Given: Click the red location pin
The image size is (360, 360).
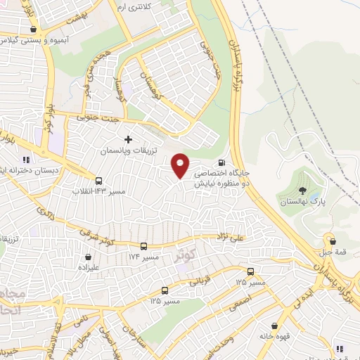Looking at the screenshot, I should click(181, 165).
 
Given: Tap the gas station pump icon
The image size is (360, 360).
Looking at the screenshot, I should click(233, 161).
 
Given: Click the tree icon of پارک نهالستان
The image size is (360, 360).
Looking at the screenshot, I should click(302, 189).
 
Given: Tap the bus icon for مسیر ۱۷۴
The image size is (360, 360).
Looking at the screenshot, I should click(144, 246).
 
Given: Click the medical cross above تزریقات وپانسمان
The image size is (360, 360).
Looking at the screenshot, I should click(127, 139).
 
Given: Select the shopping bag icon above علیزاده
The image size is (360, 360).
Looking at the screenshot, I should click(88, 257).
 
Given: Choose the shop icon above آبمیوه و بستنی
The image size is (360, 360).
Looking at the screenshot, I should click(33, 30).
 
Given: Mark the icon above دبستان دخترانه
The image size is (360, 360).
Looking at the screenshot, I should click(27, 159).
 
